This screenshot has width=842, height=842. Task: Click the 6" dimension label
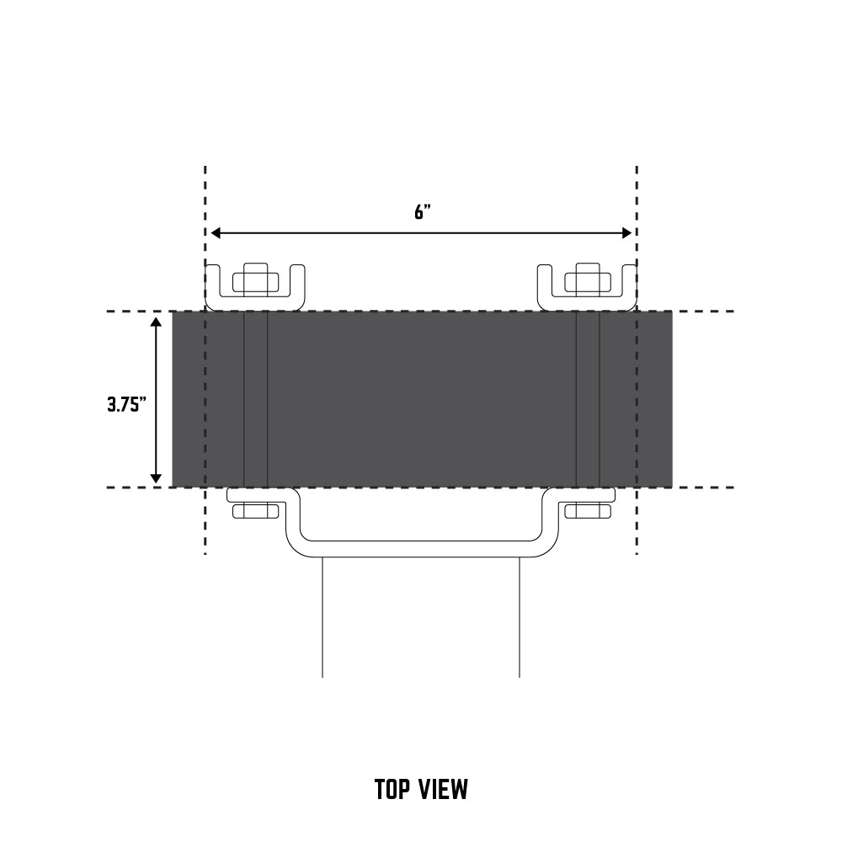point(422,212)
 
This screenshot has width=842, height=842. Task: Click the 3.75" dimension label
point(126,403)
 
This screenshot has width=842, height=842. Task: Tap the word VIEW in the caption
point(443,790)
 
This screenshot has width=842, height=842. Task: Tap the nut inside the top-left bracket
point(256,280)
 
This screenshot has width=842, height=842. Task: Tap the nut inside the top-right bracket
point(587,280)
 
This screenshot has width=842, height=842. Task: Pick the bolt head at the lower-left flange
point(254,510)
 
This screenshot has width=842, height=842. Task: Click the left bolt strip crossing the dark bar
point(256,400)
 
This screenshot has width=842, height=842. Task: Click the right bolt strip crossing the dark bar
point(588,400)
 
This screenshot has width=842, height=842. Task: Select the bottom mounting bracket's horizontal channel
point(421,546)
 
